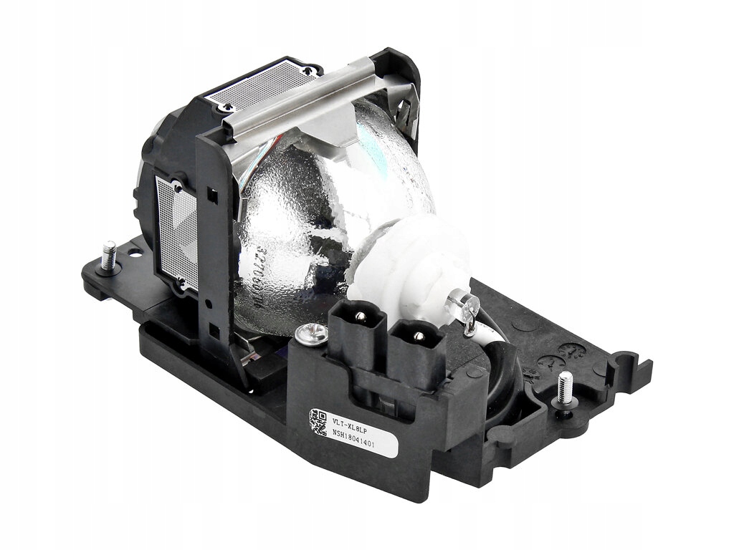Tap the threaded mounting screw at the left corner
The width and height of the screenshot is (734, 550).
(110, 255)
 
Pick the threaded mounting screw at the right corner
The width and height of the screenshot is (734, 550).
(566, 387)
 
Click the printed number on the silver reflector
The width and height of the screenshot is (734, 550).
(269, 272)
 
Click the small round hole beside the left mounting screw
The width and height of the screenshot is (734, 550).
(134, 252)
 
